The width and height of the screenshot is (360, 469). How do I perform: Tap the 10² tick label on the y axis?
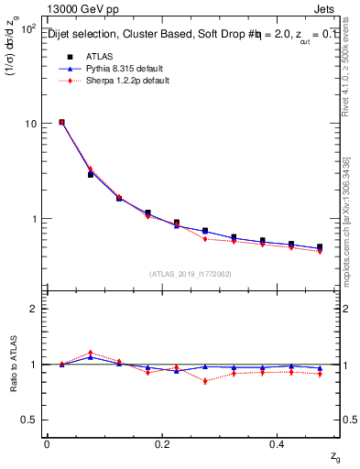click(27, 29)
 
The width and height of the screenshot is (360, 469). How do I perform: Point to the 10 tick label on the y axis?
click(29, 124)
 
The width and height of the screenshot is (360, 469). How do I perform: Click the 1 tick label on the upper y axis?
click(33, 219)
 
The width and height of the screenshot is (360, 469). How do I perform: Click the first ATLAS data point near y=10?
click(61, 122)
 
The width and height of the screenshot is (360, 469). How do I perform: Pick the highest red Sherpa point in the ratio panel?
click(90, 353)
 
